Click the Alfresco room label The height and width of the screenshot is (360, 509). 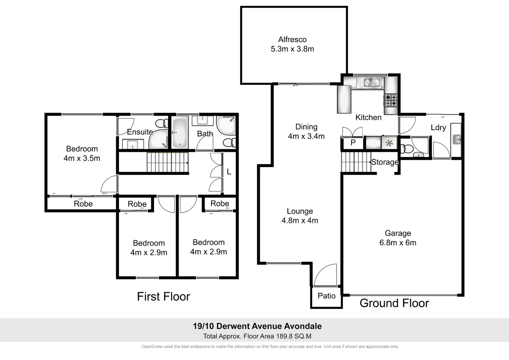(x=292, y=40)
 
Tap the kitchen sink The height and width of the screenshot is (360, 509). (x=369, y=82)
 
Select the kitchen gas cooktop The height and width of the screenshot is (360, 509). (x=391, y=100)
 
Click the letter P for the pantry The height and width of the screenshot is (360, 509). (x=353, y=143)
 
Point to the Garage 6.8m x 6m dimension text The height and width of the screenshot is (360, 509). (x=398, y=243)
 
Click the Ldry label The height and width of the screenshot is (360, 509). (x=438, y=128)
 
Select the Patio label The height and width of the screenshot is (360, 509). (x=326, y=296)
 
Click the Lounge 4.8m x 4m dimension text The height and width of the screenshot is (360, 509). (x=300, y=221)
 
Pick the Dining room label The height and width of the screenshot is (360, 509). (x=306, y=127)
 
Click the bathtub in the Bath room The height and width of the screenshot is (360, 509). (x=180, y=133)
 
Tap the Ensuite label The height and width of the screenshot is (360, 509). (x=140, y=132)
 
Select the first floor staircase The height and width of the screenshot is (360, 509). (x=168, y=162)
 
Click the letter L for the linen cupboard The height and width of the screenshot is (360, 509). (x=229, y=172)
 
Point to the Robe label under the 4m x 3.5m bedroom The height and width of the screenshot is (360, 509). (x=83, y=204)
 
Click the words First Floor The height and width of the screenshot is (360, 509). (x=164, y=296)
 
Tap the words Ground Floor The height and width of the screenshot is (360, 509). (x=394, y=303)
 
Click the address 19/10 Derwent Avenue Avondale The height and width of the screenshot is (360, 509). (x=257, y=326)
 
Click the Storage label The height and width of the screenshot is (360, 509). (x=385, y=162)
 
